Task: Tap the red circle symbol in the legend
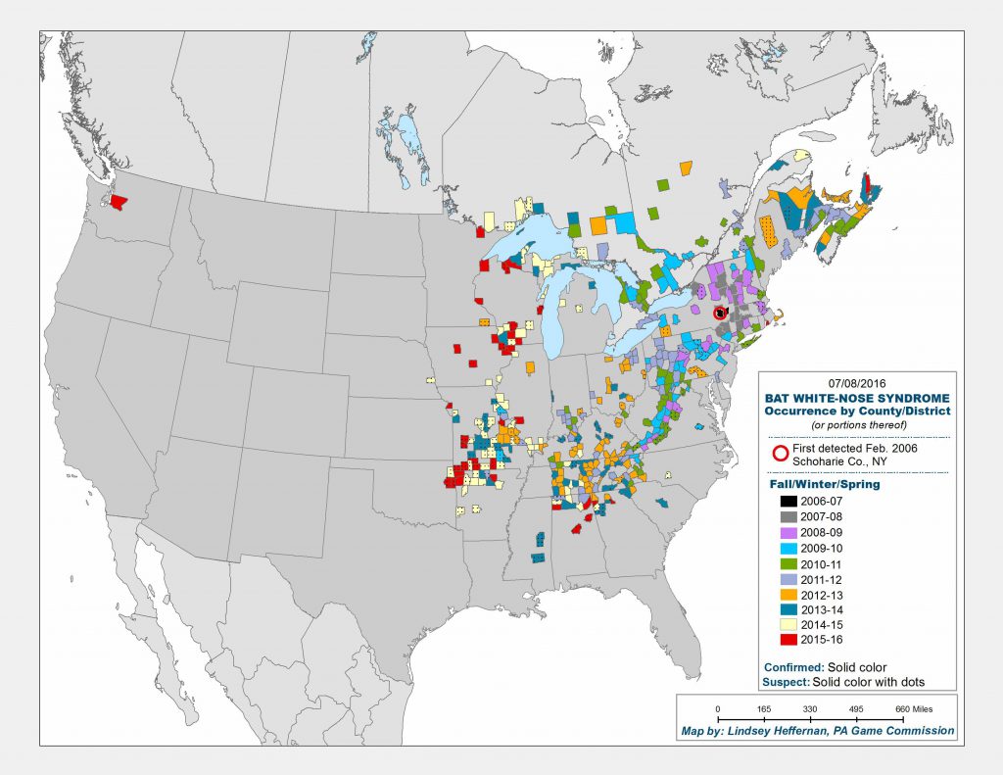pos(780,453)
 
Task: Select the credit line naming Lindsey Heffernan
pos(817,731)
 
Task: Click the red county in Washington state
pos(119,203)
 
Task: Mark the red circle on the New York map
pos(721,313)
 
